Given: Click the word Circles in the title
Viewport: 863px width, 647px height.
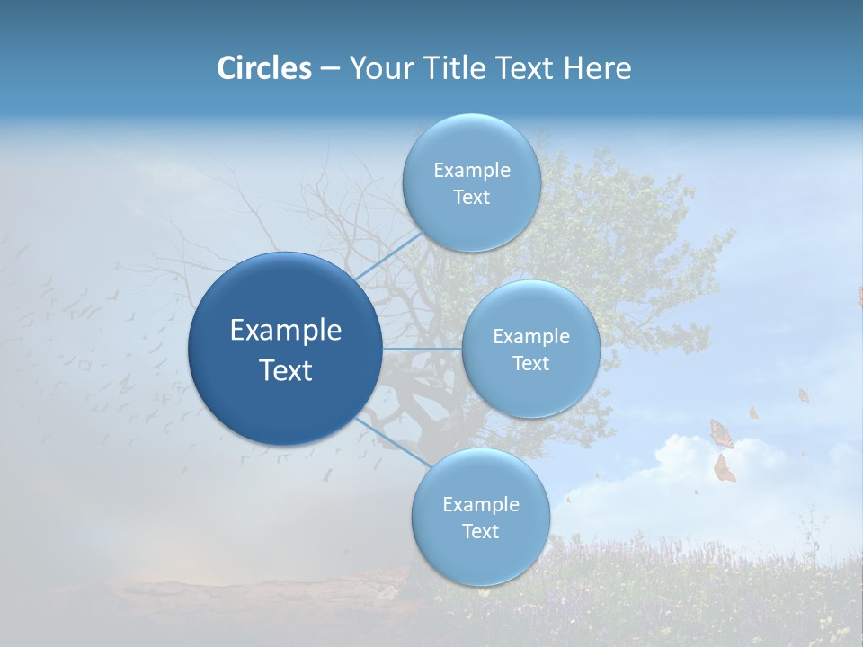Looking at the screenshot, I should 263,68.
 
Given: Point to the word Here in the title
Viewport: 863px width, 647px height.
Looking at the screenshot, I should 596,68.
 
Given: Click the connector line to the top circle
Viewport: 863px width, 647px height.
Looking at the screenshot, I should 388,256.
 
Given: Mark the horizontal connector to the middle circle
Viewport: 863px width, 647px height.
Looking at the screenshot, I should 421,349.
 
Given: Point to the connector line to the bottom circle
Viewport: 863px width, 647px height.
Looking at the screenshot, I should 393,442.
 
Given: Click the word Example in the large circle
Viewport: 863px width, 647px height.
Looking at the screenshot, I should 286,331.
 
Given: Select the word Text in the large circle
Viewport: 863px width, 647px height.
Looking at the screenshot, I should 286,370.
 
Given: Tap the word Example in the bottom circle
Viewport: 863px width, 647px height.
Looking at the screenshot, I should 480,504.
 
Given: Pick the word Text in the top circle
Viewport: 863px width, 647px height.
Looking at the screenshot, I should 471,198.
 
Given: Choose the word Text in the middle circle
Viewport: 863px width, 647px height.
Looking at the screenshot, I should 530,363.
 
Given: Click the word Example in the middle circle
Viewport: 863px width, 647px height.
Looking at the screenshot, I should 530,336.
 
